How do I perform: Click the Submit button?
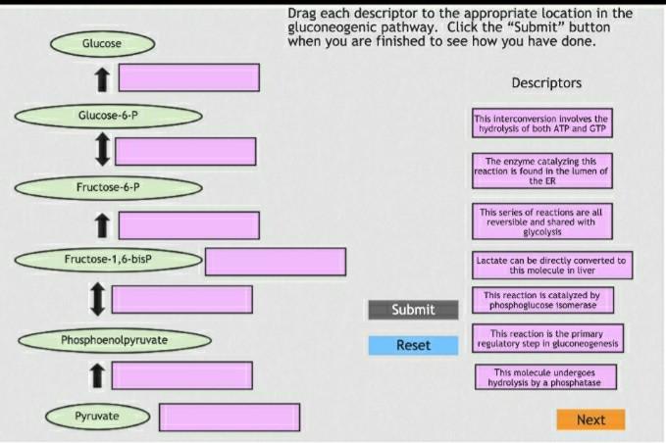coord(413,310)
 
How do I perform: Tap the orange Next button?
coord(590,419)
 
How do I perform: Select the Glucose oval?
coord(102,44)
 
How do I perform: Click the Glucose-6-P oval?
coord(108,116)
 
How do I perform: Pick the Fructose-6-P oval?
coord(108,186)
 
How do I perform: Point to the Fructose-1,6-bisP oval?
coord(108,260)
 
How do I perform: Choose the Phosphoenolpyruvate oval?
coord(115,340)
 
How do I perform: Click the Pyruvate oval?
coord(97,417)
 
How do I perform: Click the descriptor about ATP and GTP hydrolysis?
coord(542,123)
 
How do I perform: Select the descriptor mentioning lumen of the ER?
coord(542,171)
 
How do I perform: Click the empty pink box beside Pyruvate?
coord(230,418)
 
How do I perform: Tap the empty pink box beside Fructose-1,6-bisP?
coord(276,262)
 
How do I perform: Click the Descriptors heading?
coord(546,83)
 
